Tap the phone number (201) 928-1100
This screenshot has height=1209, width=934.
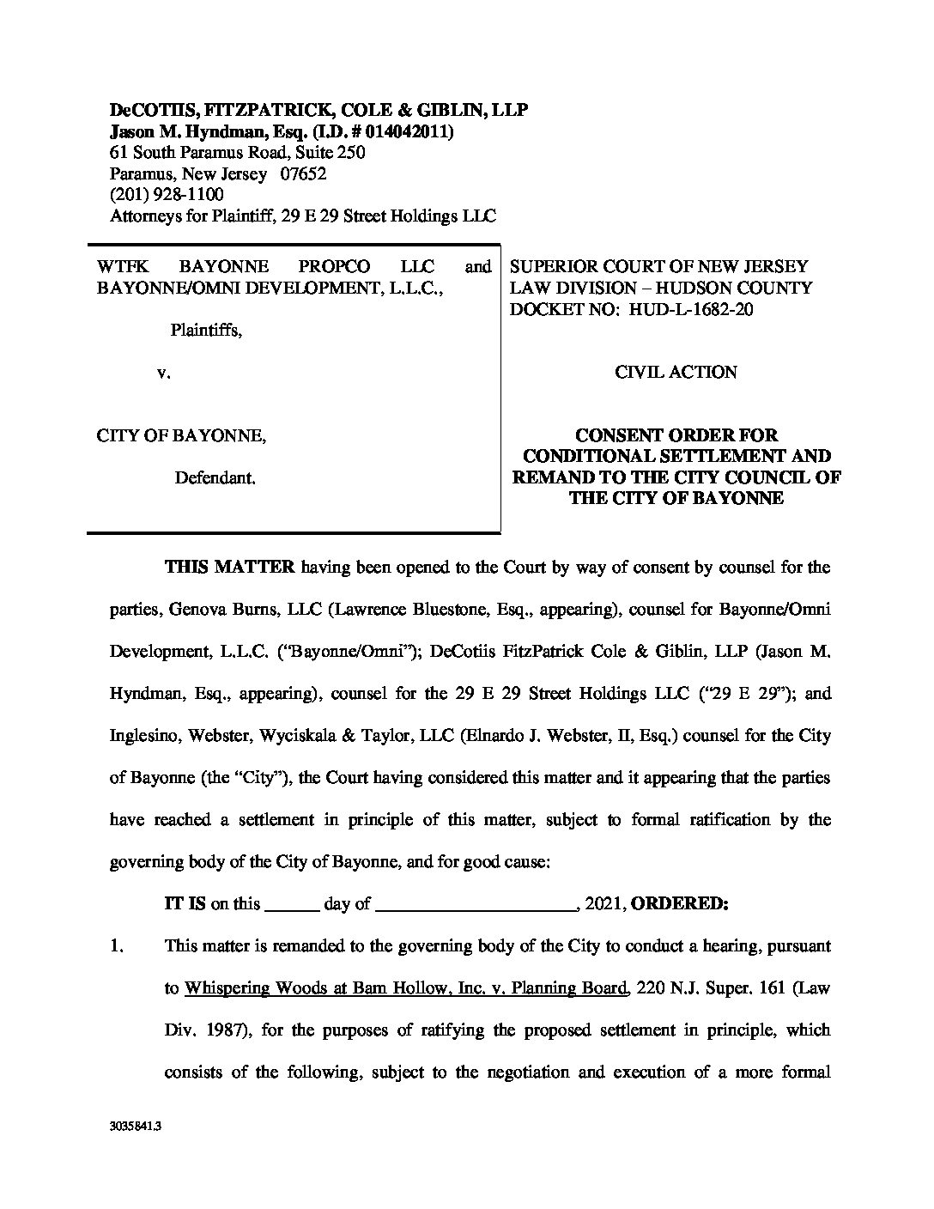[167, 195]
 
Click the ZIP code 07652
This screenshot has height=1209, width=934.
[303, 174]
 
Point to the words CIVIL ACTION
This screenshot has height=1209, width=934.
[676, 372]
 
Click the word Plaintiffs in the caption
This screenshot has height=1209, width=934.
[205, 330]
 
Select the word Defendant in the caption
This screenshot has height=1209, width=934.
[215, 477]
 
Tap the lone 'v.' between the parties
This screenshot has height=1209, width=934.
[163, 373]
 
